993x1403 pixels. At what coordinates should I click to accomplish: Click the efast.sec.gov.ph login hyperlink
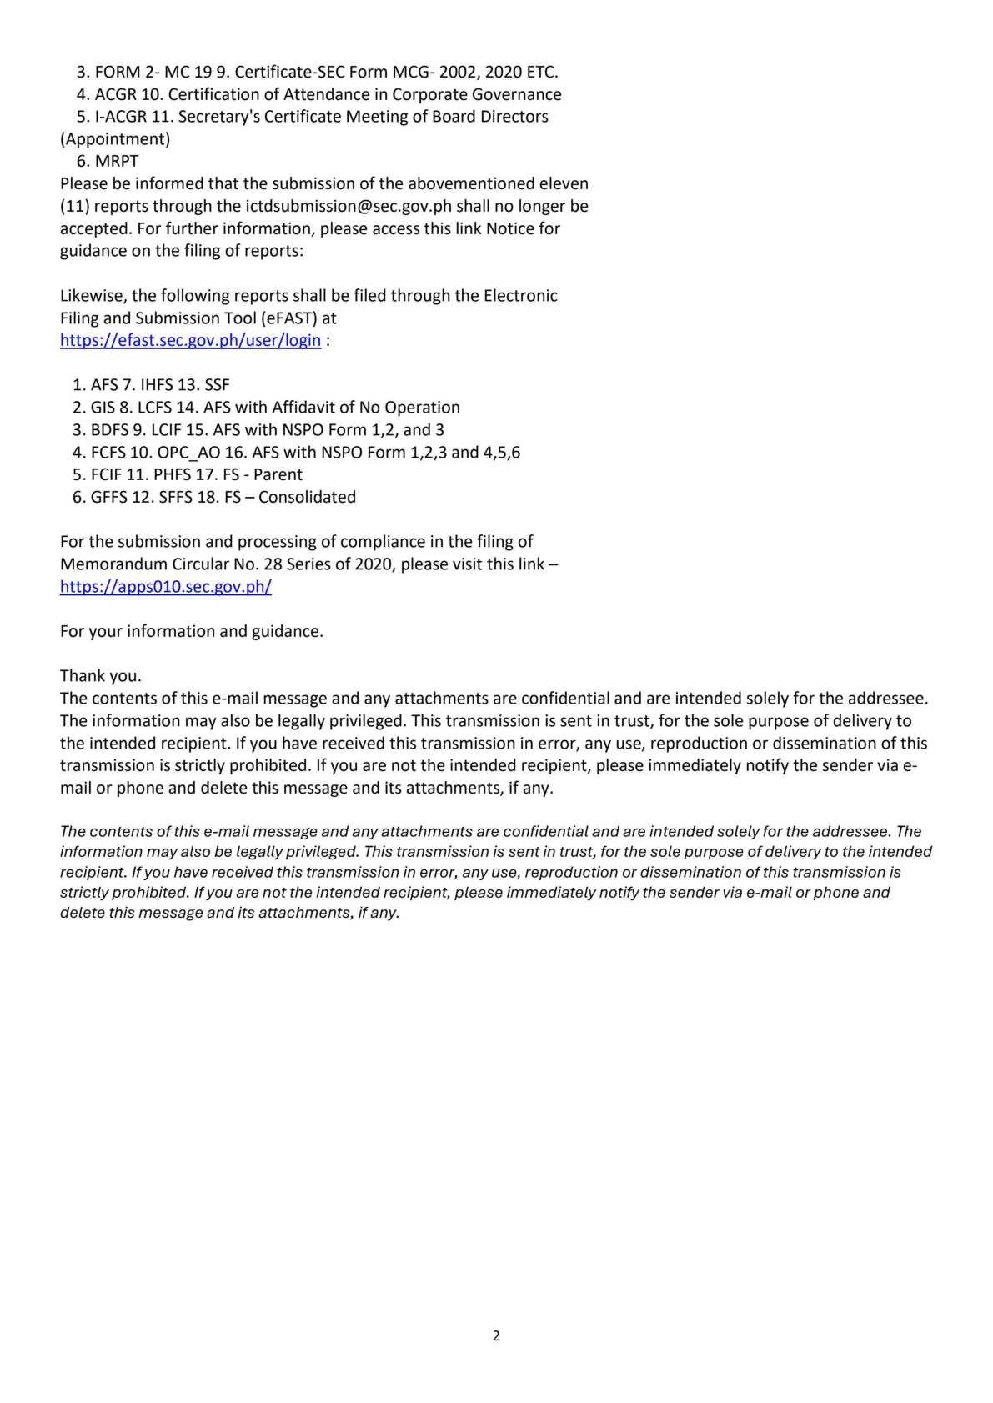pyautogui.click(x=190, y=340)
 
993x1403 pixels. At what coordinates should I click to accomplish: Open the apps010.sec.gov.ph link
pyautogui.click(x=166, y=586)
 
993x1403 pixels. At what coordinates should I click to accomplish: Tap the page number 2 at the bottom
pyautogui.click(x=496, y=1335)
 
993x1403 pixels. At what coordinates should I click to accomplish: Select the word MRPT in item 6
pyautogui.click(x=117, y=161)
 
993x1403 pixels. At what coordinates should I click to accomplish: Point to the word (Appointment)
pyautogui.click(x=115, y=138)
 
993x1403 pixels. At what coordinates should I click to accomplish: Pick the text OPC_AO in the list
pyautogui.click(x=184, y=452)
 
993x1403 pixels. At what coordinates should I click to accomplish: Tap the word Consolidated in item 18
pyautogui.click(x=310, y=497)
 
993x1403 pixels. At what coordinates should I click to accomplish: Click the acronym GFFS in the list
pyautogui.click(x=110, y=497)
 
